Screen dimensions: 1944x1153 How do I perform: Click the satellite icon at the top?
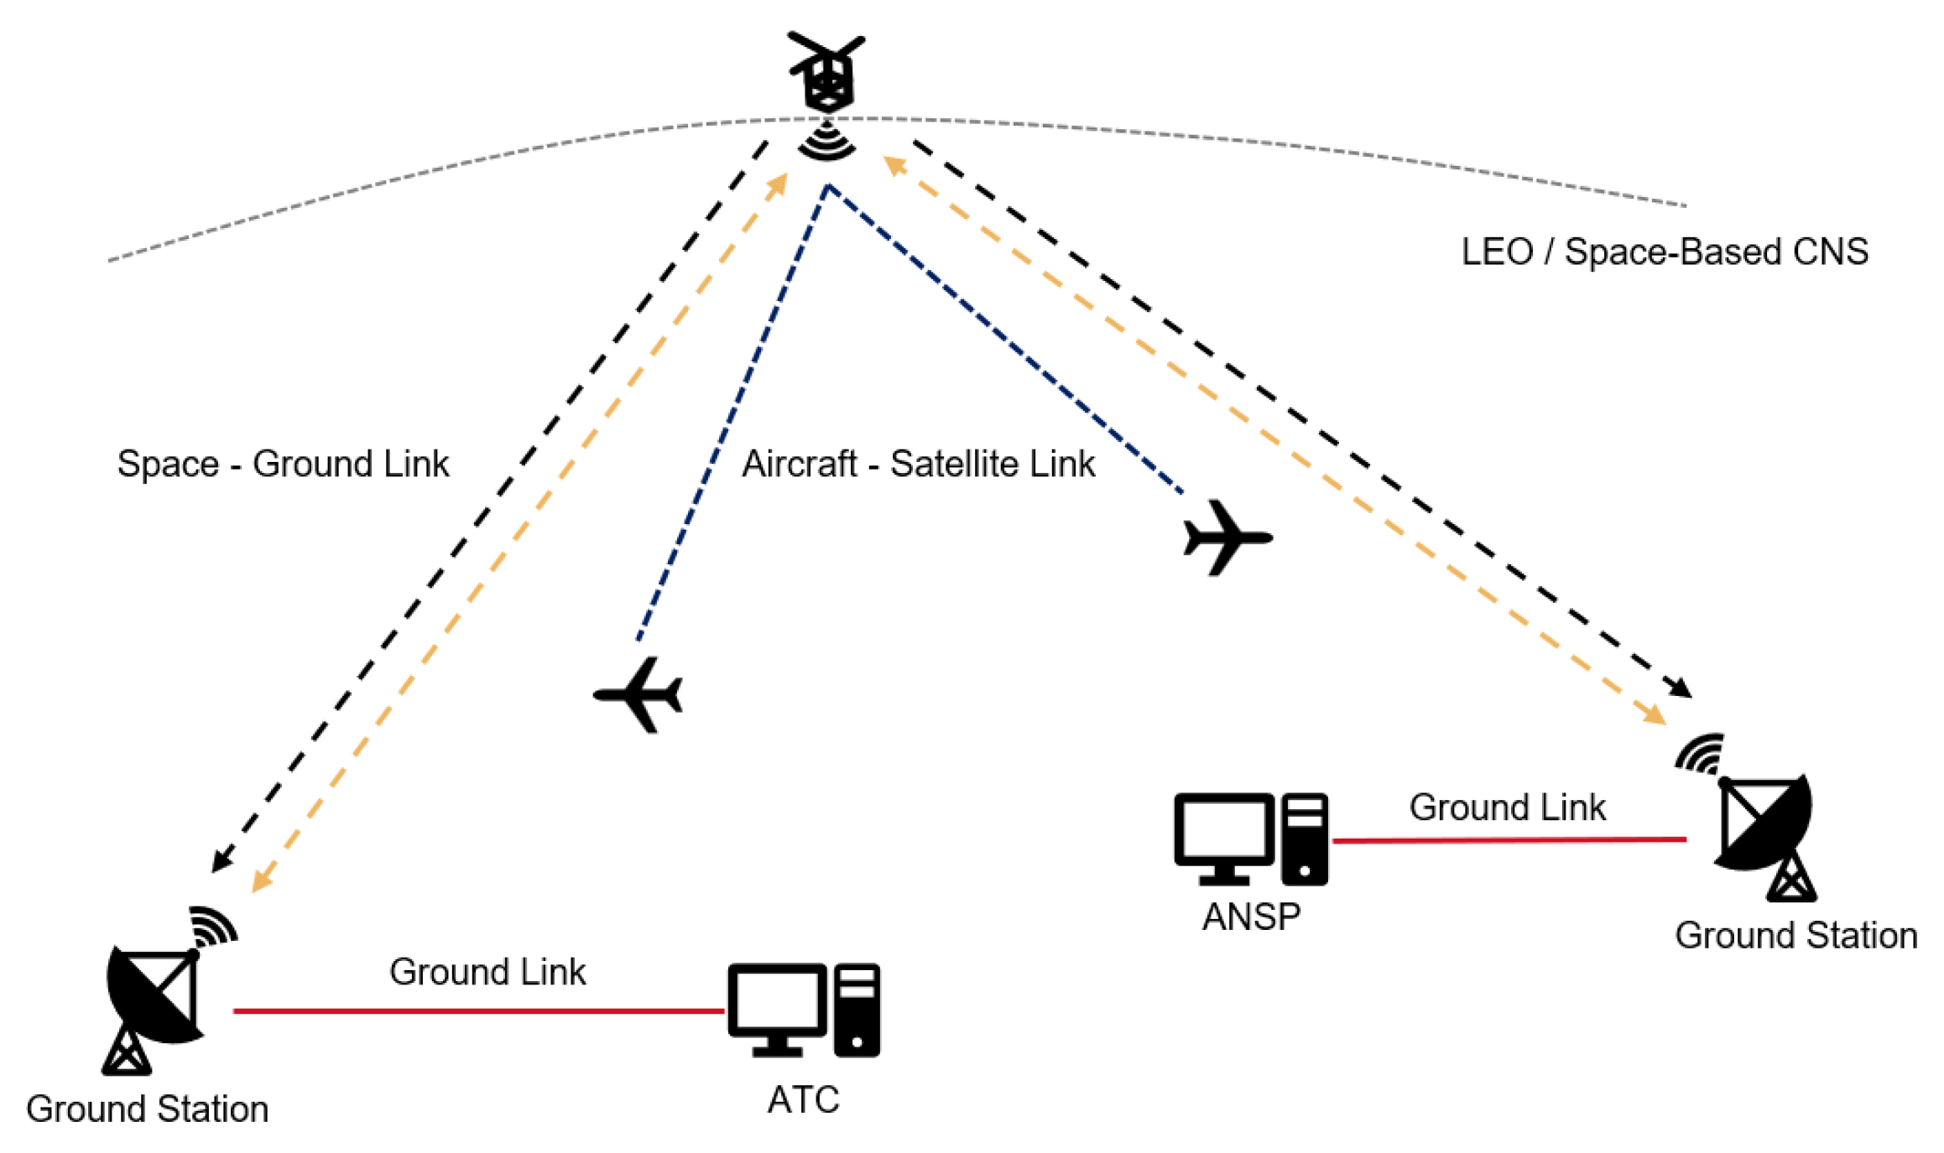click(827, 73)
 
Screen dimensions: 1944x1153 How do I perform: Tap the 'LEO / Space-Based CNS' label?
click(1665, 252)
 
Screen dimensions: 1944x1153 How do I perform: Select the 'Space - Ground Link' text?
click(283, 464)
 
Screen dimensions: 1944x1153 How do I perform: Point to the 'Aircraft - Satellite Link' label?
click(918, 464)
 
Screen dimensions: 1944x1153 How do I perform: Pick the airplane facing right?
click(1227, 538)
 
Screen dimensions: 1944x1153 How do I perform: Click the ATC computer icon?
click(804, 1010)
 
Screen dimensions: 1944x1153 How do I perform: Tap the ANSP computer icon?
click(1251, 839)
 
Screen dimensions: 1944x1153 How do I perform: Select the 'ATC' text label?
click(803, 1099)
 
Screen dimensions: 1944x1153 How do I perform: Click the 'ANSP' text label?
click(1251, 917)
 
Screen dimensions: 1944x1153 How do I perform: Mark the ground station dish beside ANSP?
click(1764, 838)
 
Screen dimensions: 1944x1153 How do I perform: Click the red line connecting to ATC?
click(478, 1011)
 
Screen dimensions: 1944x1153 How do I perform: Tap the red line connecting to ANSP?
click(1509, 839)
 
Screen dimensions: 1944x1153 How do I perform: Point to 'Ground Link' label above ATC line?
click(487, 972)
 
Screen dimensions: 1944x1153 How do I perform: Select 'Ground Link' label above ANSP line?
click(1507, 808)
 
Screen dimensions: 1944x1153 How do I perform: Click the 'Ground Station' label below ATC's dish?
click(147, 1109)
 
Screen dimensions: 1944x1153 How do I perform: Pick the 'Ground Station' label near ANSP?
click(1795, 936)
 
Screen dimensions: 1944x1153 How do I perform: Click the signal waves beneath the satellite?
click(827, 141)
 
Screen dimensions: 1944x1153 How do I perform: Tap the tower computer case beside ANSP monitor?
click(1304, 839)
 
